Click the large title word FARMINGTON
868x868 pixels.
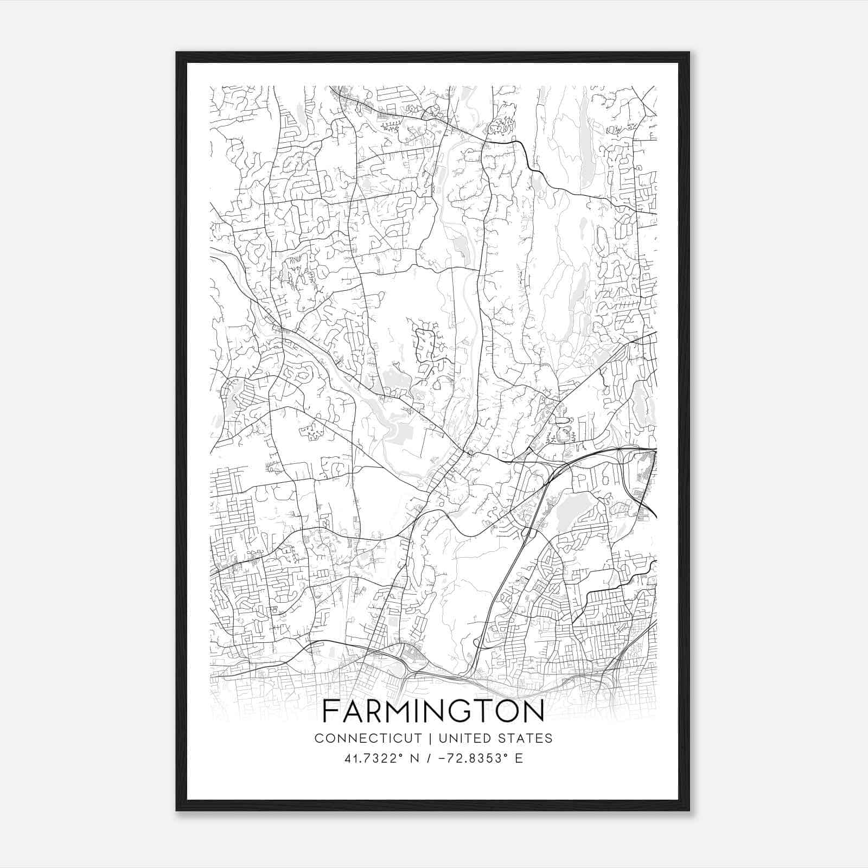click(433, 712)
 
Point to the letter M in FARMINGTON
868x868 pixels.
click(394, 712)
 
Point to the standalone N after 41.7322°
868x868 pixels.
click(415, 758)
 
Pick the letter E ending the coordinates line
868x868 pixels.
click(519, 758)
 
